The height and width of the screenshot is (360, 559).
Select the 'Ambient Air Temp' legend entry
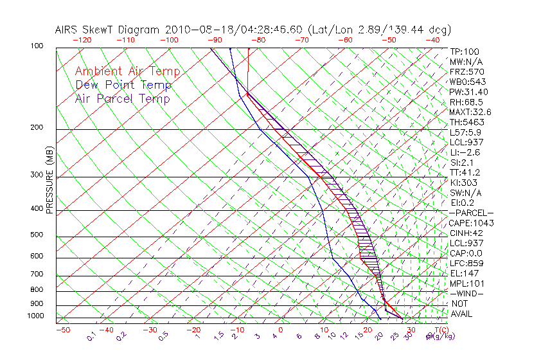[127, 71]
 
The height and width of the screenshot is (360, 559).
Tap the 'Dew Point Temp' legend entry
[123, 85]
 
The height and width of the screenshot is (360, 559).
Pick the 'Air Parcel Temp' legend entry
[122, 99]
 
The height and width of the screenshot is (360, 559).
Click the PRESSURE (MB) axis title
[49, 179]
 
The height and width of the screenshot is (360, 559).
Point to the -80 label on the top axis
[258, 40]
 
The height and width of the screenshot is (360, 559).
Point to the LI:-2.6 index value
[465, 152]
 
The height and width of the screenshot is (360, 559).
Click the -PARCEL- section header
[471, 213]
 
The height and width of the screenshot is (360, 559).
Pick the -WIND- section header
[466, 293]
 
